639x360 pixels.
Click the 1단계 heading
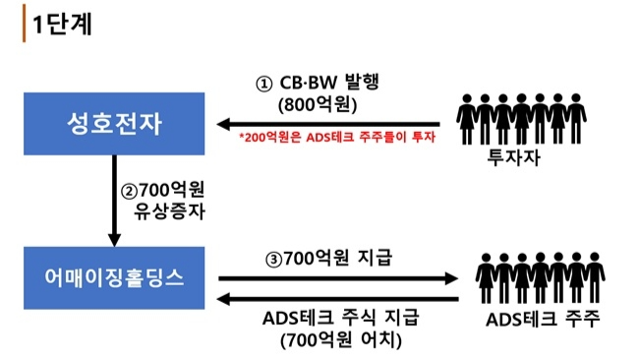coord(62,24)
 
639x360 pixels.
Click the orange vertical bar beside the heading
coord(24,24)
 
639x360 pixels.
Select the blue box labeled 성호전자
coord(114,124)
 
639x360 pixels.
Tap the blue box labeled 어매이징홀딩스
coord(114,277)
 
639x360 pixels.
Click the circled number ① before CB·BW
coord(263,84)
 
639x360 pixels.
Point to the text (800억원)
coord(318,105)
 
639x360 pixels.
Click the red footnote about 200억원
coord(337,137)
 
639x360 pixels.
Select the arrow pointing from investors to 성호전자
coord(328,124)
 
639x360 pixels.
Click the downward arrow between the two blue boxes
coord(114,201)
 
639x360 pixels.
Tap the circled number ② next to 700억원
coord(129,191)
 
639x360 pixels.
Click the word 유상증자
coord(169,211)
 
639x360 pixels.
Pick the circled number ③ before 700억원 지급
coord(274,260)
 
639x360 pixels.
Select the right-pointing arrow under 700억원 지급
coord(338,278)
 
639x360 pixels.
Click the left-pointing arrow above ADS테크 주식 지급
coord(337,300)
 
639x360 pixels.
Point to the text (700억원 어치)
coord(341,340)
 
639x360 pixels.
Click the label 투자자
coord(513,157)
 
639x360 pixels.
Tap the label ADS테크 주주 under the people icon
coord(543,319)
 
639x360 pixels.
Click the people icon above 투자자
coord(521,119)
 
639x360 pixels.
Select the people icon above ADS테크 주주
coord(540,277)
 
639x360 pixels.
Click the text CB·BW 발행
coord(329,83)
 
